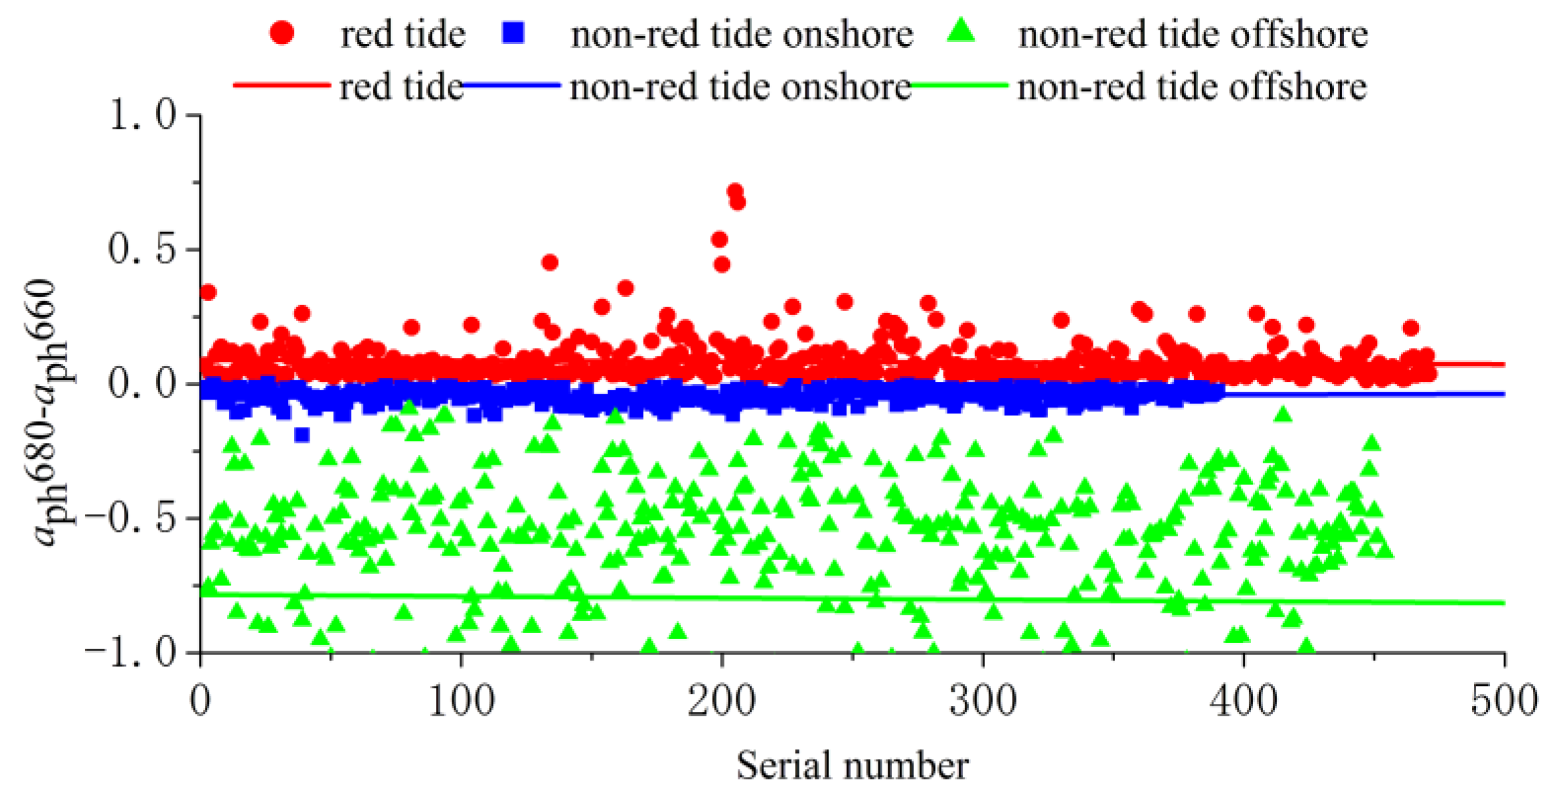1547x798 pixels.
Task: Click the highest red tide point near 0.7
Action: click(734, 191)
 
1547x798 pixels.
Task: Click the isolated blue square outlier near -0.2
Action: click(302, 434)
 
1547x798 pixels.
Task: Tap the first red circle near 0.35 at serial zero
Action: click(208, 293)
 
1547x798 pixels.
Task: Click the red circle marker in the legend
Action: click(282, 32)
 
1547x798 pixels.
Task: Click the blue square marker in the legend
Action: click(513, 32)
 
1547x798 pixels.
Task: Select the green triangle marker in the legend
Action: click(963, 31)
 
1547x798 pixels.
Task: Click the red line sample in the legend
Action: click(281, 85)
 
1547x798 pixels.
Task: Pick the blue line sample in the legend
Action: click(512, 85)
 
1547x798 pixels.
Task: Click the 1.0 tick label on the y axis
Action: click(142, 116)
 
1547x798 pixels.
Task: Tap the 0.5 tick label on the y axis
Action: click(142, 250)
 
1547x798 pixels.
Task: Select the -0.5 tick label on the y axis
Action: click(131, 519)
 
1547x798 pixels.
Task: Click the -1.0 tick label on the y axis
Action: click(131, 652)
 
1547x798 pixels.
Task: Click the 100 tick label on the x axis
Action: click(461, 701)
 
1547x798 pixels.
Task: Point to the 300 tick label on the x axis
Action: click(983, 701)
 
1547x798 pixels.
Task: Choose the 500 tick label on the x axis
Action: click(1504, 701)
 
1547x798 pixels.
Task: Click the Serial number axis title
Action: click(852, 766)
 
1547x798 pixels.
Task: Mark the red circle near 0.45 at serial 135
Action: click(550, 263)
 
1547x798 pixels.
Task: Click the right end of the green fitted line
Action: click(1502, 603)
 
